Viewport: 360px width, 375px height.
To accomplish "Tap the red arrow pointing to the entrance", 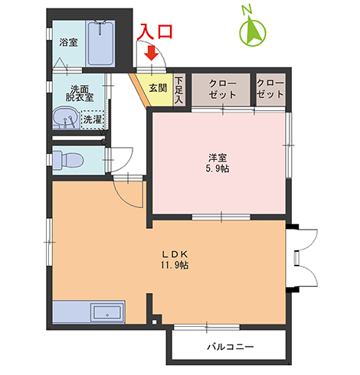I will (152, 54).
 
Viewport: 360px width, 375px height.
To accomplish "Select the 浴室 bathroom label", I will (68, 43).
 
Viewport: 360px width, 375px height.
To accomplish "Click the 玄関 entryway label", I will (158, 88).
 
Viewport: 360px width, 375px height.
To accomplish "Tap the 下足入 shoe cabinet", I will (178, 90).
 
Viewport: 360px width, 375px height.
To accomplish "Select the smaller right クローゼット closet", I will (270, 89).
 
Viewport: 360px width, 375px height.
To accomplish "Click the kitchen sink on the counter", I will (105, 314).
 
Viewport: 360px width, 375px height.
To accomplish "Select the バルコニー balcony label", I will (231, 347).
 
